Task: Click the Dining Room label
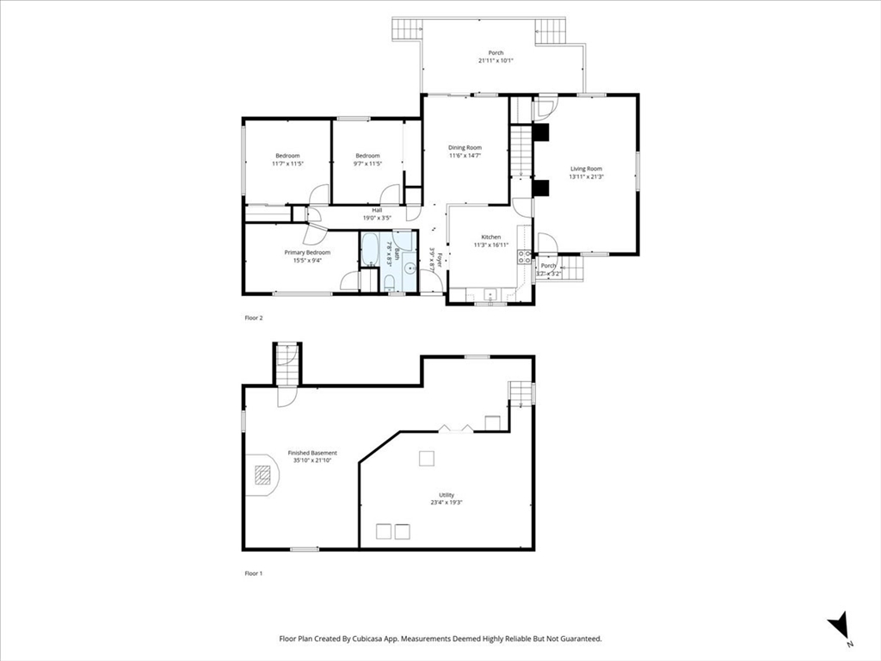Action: [465, 147]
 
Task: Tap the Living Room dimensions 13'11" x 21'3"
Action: [585, 177]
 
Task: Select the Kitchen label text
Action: [490, 237]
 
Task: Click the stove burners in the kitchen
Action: [523, 256]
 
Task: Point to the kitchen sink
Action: [490, 294]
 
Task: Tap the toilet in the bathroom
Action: [389, 283]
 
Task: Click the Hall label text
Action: [377, 210]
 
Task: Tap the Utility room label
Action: [447, 495]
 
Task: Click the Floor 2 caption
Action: [254, 318]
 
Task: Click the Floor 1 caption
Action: [254, 572]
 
